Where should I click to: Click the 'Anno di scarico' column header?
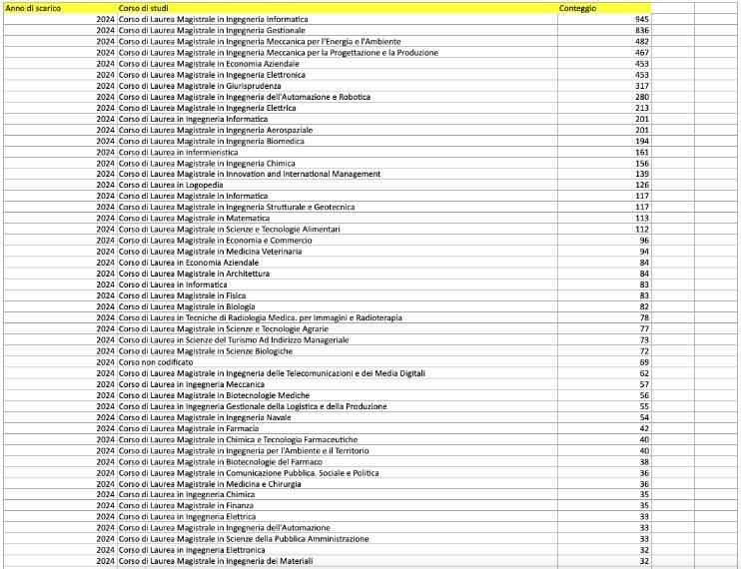[34, 8]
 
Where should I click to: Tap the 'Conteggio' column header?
[578, 8]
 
